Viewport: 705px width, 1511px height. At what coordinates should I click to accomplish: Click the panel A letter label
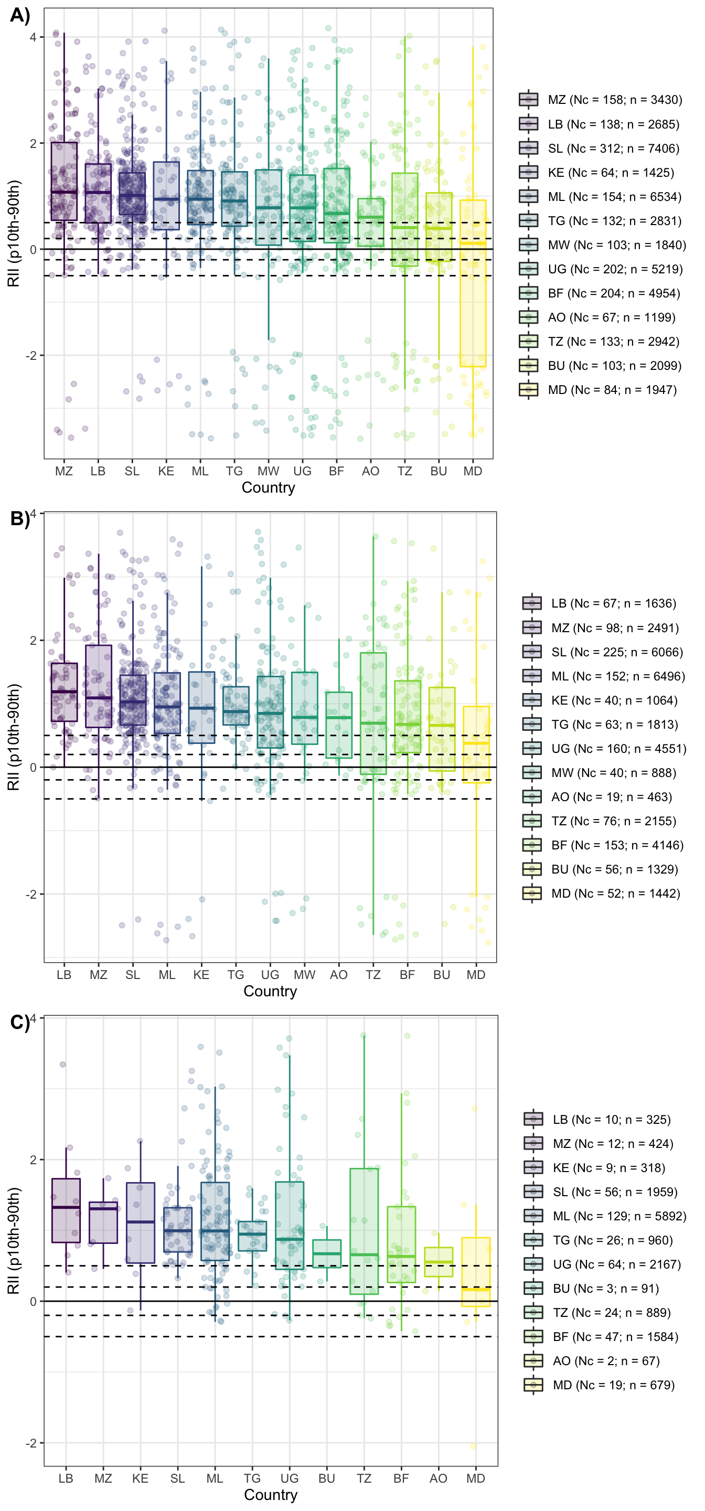[x=20, y=15]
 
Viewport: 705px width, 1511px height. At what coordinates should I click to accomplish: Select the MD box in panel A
[x=473, y=283]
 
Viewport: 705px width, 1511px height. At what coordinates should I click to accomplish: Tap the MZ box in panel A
[x=64, y=180]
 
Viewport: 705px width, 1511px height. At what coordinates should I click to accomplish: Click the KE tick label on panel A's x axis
[x=166, y=471]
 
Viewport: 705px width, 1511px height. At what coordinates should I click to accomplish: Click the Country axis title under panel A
[x=268, y=487]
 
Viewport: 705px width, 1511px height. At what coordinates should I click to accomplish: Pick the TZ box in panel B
[x=373, y=714]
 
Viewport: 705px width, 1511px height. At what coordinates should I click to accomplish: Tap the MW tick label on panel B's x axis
[x=304, y=975]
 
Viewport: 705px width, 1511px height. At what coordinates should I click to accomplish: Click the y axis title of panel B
[x=14, y=737]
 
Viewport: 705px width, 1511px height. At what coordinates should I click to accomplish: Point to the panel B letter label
[x=20, y=518]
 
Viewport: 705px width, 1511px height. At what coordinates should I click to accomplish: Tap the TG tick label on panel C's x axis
[x=252, y=1478]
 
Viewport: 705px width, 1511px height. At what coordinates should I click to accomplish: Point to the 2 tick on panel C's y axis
[x=33, y=1159]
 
